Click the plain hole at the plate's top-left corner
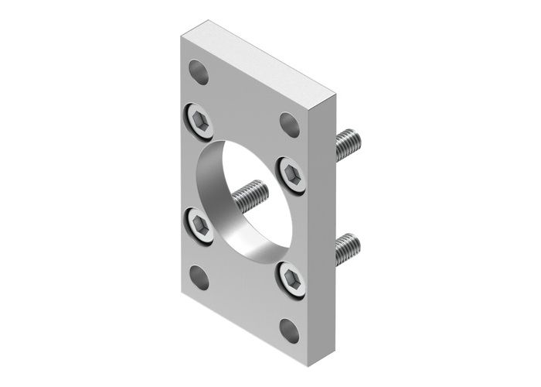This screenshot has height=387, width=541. [199, 72]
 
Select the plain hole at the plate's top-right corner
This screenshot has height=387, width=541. [290, 124]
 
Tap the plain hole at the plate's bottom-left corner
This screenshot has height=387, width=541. [199, 277]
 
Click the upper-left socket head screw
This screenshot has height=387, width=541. [200, 122]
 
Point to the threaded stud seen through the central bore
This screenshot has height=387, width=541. [249, 197]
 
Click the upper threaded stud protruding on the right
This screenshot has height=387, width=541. [348, 145]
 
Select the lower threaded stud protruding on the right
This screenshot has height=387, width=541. [348, 248]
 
